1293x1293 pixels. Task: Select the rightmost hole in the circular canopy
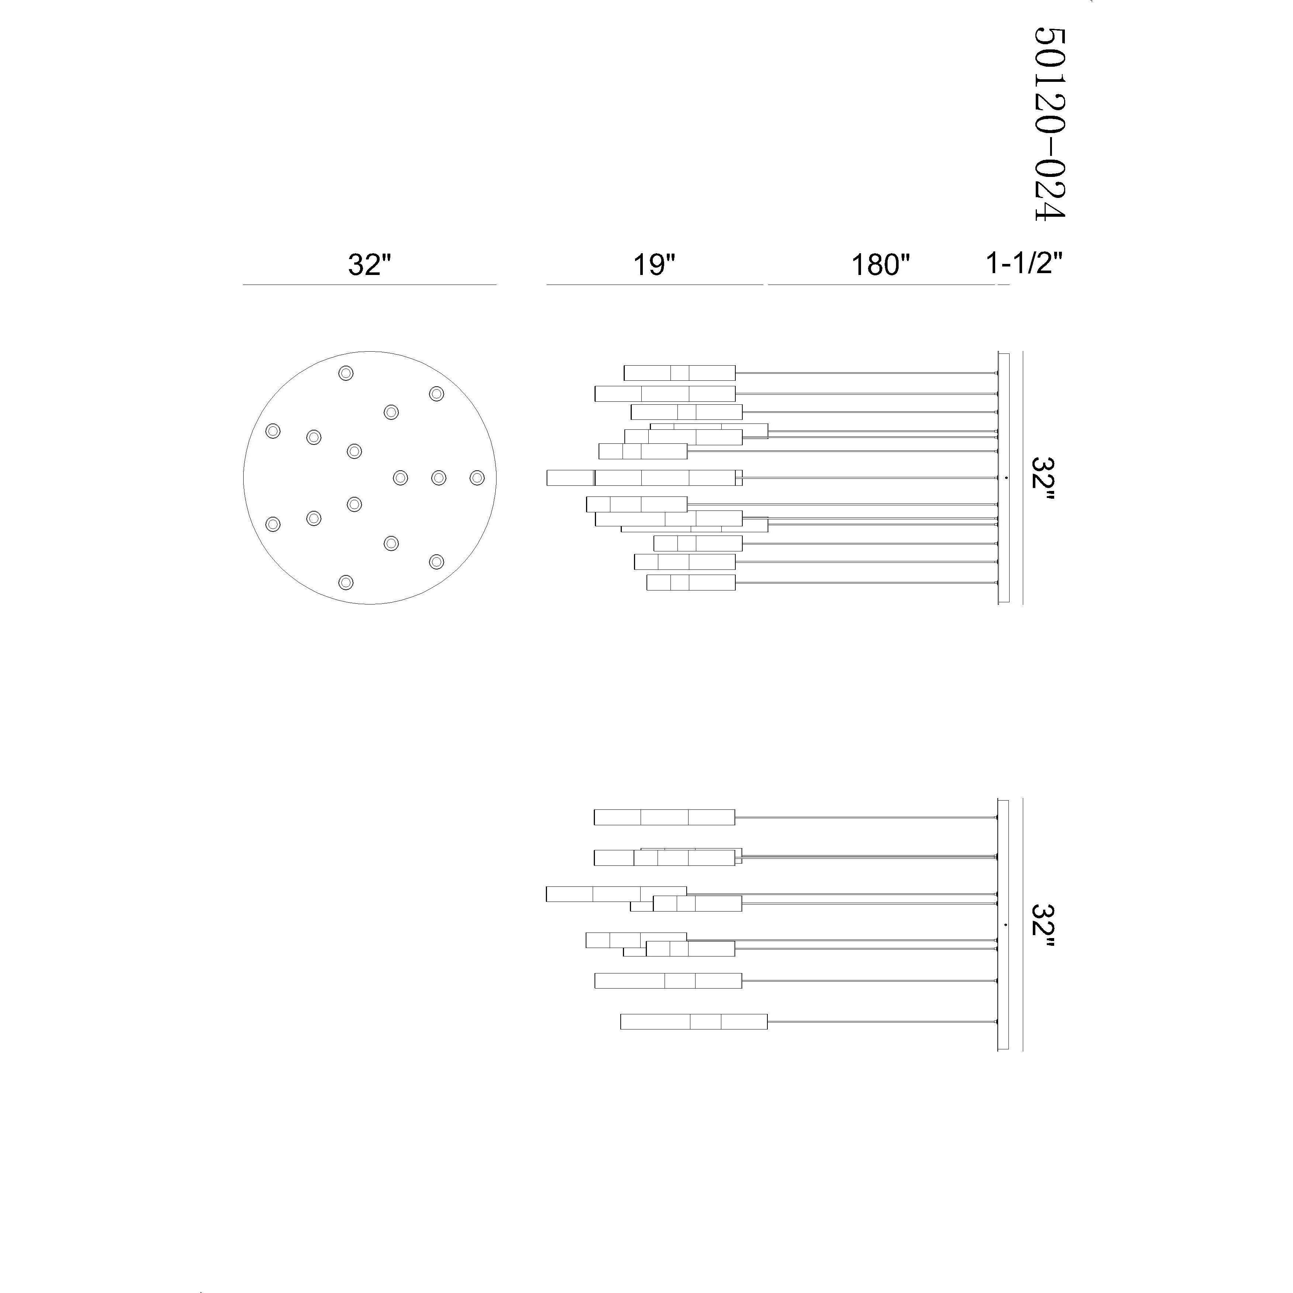(x=477, y=477)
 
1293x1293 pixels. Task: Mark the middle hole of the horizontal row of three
(x=438, y=477)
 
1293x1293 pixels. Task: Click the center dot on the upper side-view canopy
(x=1006, y=477)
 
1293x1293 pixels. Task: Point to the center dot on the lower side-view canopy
(x=1006, y=924)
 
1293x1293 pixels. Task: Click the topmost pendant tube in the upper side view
(x=679, y=373)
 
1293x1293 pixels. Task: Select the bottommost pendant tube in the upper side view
(x=691, y=582)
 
